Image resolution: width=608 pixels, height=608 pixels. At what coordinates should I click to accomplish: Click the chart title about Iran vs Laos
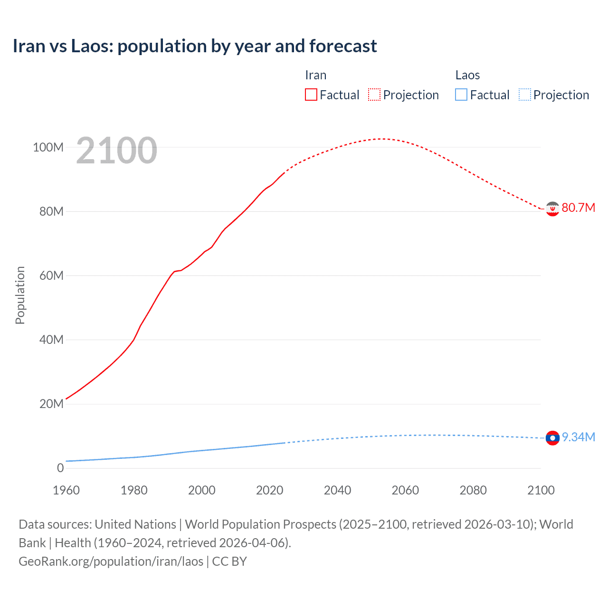(x=195, y=46)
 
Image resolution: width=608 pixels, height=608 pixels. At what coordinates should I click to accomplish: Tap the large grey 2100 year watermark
(x=116, y=150)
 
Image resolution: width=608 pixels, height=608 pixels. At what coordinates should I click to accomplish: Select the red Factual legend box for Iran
(x=311, y=95)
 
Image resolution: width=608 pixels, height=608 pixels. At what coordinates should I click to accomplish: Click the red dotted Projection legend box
(x=374, y=95)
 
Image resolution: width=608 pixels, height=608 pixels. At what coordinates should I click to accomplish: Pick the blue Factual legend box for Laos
(x=461, y=95)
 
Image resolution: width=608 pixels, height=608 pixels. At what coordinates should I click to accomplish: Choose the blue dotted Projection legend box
(x=525, y=95)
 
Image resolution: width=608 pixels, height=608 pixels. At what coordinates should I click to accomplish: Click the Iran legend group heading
(x=315, y=75)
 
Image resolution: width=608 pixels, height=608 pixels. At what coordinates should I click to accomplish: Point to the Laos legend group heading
(x=467, y=75)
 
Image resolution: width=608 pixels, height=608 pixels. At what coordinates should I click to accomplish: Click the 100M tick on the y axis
(x=48, y=147)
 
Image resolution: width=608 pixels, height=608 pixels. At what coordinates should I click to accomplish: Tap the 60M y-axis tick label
(x=51, y=275)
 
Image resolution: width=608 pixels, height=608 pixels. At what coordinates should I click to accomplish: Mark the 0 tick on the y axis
(x=60, y=468)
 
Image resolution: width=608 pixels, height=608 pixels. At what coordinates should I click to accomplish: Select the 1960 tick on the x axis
(x=66, y=490)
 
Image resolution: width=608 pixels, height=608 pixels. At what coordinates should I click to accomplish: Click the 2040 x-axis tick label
(x=337, y=490)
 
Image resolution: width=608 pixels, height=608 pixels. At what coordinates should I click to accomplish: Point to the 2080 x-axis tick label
(x=473, y=490)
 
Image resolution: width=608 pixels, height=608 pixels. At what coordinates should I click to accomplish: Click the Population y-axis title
(x=20, y=295)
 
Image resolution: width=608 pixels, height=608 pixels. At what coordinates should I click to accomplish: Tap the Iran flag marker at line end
(x=552, y=209)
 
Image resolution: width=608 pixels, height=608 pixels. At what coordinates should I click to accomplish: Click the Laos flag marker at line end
(x=552, y=437)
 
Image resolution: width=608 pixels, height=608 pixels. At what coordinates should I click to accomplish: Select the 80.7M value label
(x=578, y=208)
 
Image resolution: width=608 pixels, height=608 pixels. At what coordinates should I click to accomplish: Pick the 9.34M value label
(x=578, y=437)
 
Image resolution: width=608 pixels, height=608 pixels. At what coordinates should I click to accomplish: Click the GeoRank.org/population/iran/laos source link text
(x=111, y=561)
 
